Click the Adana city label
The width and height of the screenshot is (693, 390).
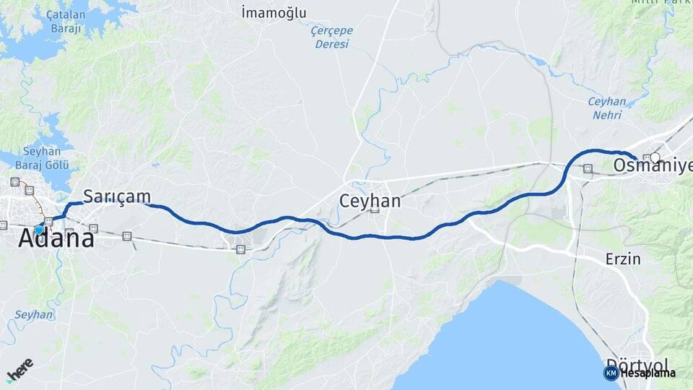coord(57,238)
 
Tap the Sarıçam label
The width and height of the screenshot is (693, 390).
coord(117,196)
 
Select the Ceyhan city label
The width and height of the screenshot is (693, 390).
coord(370,200)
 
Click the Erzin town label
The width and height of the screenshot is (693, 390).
coord(622,258)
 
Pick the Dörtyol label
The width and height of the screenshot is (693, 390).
coord(637,363)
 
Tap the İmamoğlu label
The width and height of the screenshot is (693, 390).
coord(274,12)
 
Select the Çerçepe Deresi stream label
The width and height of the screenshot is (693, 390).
coord(331,37)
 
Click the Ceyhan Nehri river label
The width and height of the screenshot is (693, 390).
coord(607,108)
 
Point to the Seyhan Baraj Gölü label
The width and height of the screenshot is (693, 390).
coord(45,157)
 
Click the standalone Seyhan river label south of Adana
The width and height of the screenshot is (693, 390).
coord(33,315)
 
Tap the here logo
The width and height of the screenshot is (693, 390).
coord(19,368)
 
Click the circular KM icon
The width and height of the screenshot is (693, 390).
coord(611,373)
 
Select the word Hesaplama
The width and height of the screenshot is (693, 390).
coord(648,373)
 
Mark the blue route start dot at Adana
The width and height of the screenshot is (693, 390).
coord(39,230)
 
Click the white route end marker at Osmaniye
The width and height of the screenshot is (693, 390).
coord(655,157)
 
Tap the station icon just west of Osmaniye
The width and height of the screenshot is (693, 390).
coord(588,168)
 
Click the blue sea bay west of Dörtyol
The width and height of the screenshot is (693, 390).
coord(505,339)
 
